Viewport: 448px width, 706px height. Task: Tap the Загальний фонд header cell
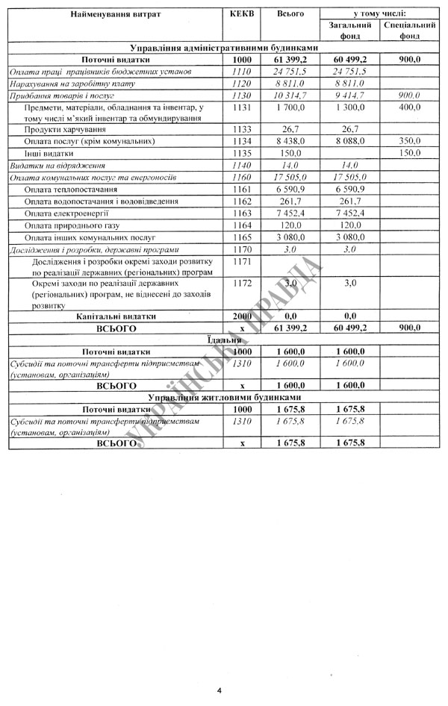pos(344,30)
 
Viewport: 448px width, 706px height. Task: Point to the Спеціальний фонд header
pos(409,30)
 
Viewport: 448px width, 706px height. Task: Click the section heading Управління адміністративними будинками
pos(224,47)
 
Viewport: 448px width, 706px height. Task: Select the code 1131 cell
pos(243,107)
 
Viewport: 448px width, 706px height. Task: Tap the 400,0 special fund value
pos(409,107)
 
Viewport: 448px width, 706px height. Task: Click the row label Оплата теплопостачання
pos(73,190)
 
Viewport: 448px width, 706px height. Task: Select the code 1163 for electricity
pos(243,213)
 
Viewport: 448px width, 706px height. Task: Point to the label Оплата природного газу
pos(71,225)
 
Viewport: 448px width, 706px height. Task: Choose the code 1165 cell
pos(243,237)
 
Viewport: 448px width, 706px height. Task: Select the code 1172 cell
pos(243,284)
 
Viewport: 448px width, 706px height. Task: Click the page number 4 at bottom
pos(220,690)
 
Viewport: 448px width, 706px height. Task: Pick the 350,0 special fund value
pos(409,140)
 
